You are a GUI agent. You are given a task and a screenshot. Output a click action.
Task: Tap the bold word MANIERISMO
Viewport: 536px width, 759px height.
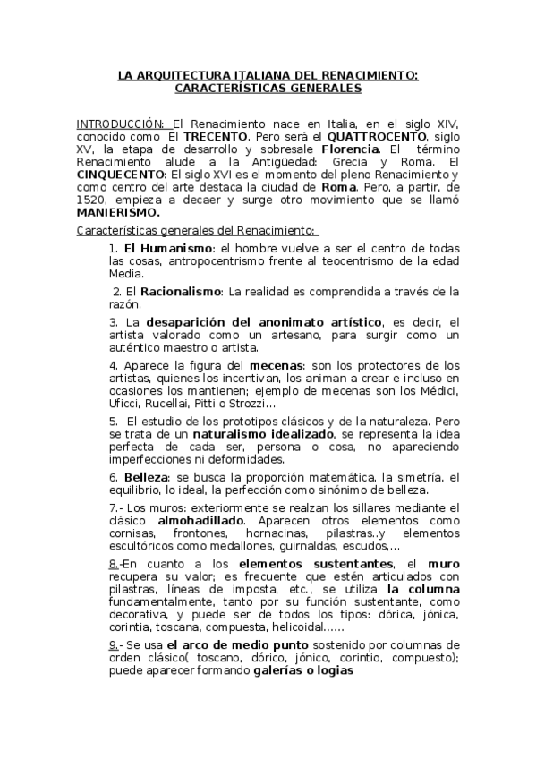(118, 213)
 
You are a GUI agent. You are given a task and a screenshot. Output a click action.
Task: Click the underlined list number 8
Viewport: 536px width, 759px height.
(114, 564)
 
